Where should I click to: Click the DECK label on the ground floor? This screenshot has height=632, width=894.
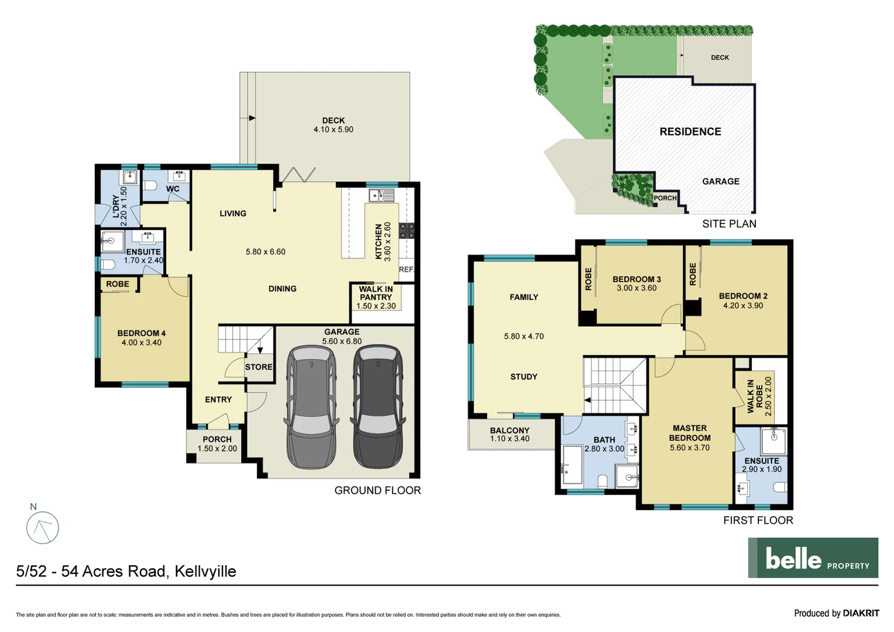(x=333, y=121)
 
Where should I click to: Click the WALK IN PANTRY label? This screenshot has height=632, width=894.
(x=376, y=293)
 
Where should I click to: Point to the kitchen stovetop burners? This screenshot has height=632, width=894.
(x=407, y=231)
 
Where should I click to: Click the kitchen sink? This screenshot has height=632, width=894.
(x=381, y=195)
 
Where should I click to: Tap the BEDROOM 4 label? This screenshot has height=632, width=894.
(x=141, y=333)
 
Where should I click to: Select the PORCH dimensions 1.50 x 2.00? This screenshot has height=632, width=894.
(x=217, y=449)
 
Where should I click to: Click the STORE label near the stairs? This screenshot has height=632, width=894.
(x=259, y=367)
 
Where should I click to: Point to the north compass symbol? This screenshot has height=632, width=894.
(x=43, y=527)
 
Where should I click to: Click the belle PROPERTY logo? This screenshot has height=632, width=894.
(x=813, y=558)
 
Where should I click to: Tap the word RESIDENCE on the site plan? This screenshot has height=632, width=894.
(x=690, y=132)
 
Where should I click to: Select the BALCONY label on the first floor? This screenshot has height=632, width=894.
(x=510, y=430)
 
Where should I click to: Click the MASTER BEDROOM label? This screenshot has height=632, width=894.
(x=690, y=433)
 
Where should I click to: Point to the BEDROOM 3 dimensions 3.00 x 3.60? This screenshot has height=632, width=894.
(x=637, y=288)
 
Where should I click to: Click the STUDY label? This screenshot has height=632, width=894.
(x=524, y=377)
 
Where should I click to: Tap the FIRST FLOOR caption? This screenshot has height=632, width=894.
(x=758, y=520)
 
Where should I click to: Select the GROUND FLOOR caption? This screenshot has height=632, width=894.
(x=377, y=490)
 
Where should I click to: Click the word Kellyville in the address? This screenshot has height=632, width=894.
(x=205, y=571)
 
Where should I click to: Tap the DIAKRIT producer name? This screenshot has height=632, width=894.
(x=861, y=613)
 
